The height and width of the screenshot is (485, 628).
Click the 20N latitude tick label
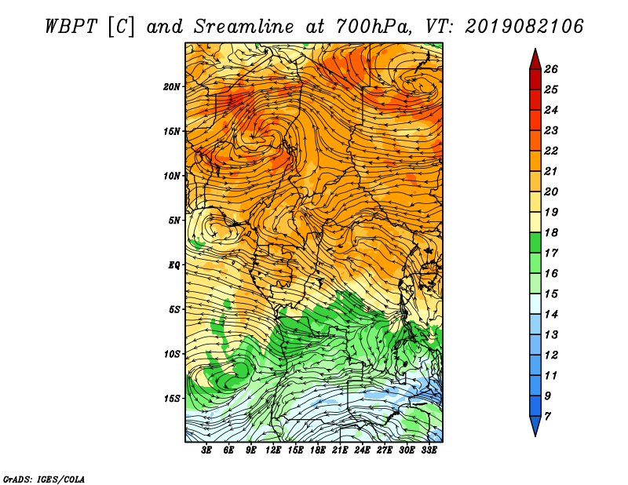pyautogui.click(x=171, y=87)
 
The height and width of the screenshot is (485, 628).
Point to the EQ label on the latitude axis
pyautogui.click(x=173, y=265)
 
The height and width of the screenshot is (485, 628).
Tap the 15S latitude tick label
pyautogui.click(x=172, y=399)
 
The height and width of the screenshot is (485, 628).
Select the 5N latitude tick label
pyautogui.click(x=174, y=221)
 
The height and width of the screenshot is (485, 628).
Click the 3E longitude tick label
pyautogui.click(x=206, y=450)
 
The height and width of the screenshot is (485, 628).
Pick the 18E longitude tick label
pyautogui.click(x=318, y=450)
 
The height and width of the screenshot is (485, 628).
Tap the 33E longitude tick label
pyautogui.click(x=429, y=450)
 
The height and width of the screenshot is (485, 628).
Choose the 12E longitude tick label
pyautogui.click(x=273, y=450)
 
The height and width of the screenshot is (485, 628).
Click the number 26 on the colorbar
pyautogui.click(x=551, y=69)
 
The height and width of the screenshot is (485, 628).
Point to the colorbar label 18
pyautogui.click(x=551, y=232)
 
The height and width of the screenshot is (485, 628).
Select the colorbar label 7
pyautogui.click(x=547, y=417)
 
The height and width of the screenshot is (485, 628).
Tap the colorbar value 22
pyautogui.click(x=551, y=151)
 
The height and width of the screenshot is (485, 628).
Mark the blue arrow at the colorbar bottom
pyautogui.click(x=535, y=425)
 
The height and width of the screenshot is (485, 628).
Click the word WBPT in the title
pyautogui.click(x=71, y=27)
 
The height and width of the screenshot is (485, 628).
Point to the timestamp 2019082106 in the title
pyautogui.click(x=524, y=27)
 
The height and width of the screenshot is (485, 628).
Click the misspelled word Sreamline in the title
pyautogui.click(x=243, y=27)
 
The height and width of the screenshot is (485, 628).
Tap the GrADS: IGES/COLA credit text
pyautogui.click(x=44, y=480)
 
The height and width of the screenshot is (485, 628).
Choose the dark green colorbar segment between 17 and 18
pyautogui.click(x=535, y=242)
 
